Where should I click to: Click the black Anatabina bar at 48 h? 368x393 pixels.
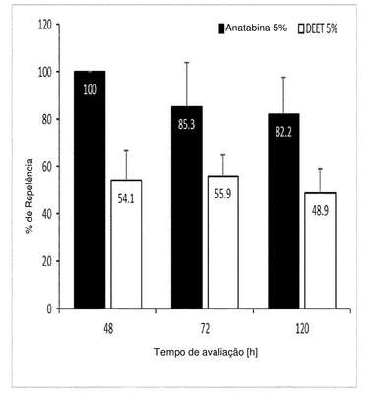pos(90,190)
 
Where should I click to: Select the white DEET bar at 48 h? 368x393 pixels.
pos(126,244)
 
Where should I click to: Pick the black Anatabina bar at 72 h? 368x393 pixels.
pos(187,207)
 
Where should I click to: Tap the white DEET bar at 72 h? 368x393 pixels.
pos(223,242)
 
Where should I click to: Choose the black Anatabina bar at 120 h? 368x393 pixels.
pos(283,211)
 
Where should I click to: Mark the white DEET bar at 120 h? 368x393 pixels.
pos(320,251)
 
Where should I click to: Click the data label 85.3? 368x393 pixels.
pos(187,125)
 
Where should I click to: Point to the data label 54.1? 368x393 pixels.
pos(126,198)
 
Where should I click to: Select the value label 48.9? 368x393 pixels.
pos(320,210)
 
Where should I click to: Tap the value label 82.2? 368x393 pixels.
pos(283,133)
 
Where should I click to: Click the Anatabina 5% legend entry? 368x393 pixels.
pos(253,28)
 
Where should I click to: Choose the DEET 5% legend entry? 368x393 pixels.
pos(318,29)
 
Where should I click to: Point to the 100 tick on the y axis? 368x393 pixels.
pos(45,72)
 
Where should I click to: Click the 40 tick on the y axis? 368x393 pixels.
pos(48,214)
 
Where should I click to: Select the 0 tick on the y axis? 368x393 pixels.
pos(50,309)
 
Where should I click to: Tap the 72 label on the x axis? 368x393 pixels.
pos(205,329)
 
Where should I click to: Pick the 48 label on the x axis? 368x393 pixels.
pos(108,329)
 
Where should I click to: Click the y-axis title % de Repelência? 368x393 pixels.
pos(30,196)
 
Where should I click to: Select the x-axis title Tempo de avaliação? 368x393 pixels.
pos(206,352)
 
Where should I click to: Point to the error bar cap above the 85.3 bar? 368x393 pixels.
pos(187,62)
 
